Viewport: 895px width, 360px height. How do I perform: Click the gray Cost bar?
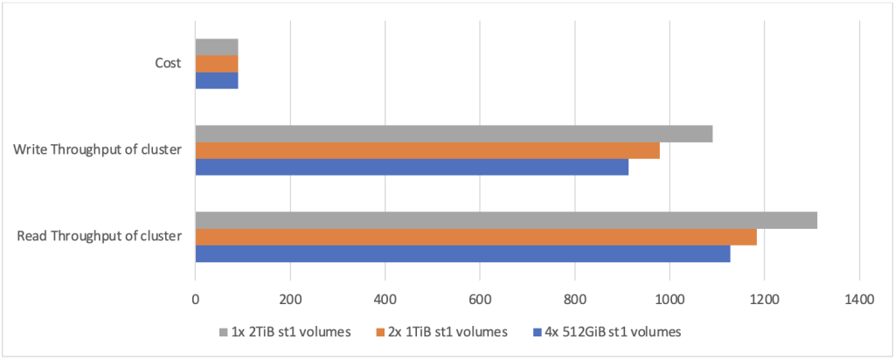216,46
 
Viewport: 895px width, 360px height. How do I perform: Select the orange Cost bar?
216,64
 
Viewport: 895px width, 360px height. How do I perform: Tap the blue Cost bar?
216,80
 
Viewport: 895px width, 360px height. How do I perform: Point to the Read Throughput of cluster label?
99,235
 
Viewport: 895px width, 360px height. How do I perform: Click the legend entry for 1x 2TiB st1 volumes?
285,332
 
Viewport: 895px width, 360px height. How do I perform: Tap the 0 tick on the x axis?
195,300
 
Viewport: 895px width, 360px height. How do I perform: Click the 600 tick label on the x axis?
479,300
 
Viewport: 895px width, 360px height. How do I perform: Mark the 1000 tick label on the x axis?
670,300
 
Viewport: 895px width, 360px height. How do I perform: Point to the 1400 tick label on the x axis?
859,300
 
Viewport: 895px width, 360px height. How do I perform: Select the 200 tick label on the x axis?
289,300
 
